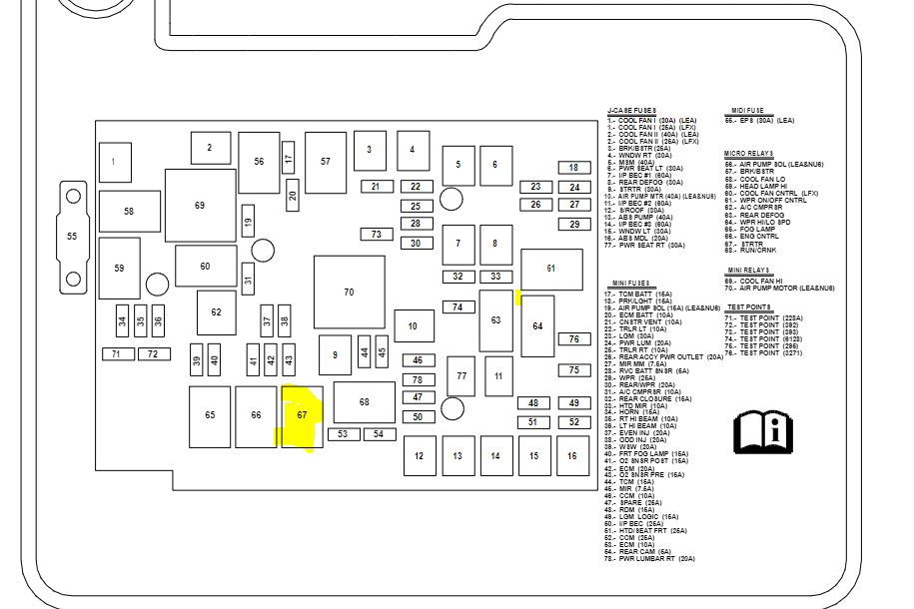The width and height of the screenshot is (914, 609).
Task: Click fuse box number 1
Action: (115, 162)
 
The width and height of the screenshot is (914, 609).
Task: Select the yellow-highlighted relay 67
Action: (303, 415)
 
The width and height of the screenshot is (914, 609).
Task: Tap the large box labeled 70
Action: (349, 292)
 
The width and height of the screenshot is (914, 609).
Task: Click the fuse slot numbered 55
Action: (72, 237)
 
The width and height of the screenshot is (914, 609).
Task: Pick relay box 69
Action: (200, 205)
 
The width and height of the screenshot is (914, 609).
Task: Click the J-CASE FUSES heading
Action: (631, 111)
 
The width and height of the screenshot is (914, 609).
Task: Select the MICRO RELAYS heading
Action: (749, 154)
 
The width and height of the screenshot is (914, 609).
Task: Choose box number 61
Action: (551, 269)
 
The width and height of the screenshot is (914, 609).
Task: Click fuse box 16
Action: (572, 455)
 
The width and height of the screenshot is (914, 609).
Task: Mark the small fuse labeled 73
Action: (376, 235)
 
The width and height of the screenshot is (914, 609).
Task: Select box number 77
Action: (460, 376)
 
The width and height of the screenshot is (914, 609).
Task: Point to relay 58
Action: (129, 211)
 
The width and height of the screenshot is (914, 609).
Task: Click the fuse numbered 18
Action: (574, 168)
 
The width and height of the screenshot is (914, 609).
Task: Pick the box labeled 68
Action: (364, 401)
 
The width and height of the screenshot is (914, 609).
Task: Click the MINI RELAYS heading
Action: (748, 271)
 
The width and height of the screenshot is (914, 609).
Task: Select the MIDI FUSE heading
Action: (747, 111)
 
